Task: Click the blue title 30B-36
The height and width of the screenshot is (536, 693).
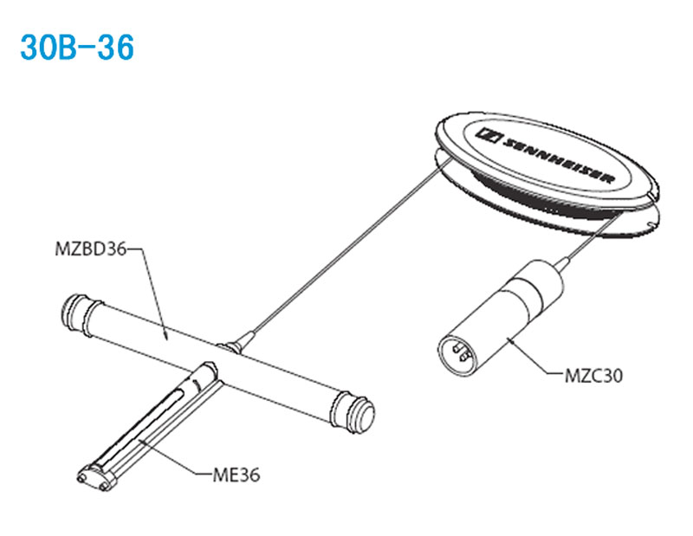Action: [77, 48]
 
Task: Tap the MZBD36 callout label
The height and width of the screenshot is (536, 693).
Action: [91, 249]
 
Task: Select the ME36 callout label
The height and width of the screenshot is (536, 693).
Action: [236, 475]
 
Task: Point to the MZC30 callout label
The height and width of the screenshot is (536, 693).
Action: [593, 376]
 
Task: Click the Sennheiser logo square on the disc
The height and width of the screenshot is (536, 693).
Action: [488, 135]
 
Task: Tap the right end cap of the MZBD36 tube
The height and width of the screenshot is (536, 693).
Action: [354, 412]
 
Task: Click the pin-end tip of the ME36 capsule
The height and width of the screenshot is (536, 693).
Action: [93, 478]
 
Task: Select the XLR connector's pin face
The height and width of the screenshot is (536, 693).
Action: [457, 354]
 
